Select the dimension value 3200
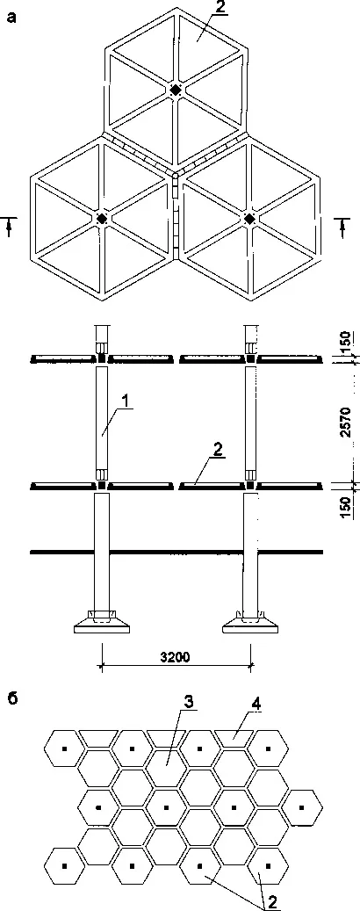click(x=176, y=658)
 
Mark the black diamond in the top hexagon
click(x=176, y=90)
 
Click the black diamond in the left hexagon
click(x=102, y=219)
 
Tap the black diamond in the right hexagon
click(x=249, y=219)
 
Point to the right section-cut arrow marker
click(x=343, y=225)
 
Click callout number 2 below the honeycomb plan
click(x=270, y=903)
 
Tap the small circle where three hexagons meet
click(x=176, y=172)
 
